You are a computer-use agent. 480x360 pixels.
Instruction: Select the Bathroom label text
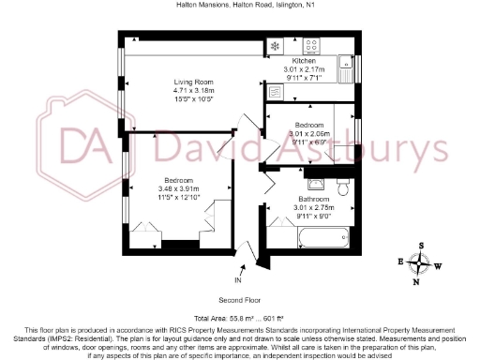[314, 199]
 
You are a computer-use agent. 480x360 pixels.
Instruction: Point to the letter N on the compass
[419, 277]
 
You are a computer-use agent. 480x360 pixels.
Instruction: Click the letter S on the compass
[421, 246]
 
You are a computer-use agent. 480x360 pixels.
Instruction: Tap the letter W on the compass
[438, 263]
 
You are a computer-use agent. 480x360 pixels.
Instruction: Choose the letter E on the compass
[402, 261]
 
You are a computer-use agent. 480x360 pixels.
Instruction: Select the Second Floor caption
[239, 301]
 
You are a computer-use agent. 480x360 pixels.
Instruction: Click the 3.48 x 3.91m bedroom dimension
[178, 188]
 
